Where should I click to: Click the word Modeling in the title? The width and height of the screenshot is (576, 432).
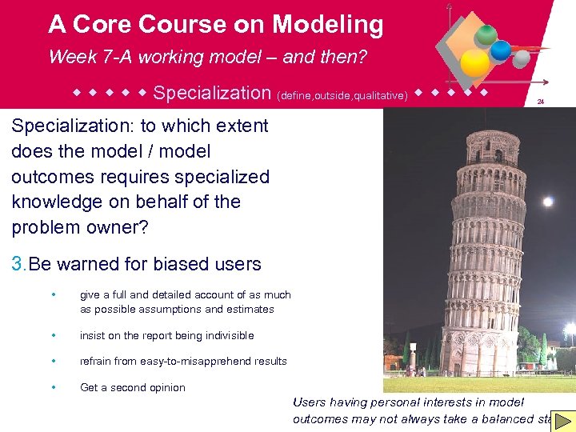click(327, 25)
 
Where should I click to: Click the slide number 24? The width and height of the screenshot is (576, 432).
click(540, 102)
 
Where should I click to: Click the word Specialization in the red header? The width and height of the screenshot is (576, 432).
click(212, 93)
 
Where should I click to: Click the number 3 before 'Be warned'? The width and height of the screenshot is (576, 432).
click(18, 264)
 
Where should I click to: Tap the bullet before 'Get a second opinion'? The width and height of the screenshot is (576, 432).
click(52, 387)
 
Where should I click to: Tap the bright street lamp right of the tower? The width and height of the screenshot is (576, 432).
click(569, 329)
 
